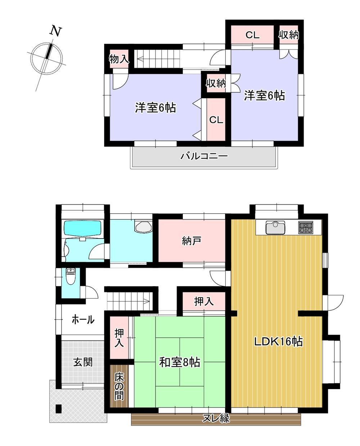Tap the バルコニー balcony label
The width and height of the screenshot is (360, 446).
tap(204, 156)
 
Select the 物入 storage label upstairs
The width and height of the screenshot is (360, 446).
tap(119, 59)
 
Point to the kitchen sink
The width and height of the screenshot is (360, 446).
tap(275, 227)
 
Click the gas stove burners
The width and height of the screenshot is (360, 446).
tap(306, 227)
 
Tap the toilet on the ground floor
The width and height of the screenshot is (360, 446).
tap(69, 276)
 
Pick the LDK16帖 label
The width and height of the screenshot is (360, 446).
tap(278, 342)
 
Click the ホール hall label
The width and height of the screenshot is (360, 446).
tap(83, 320)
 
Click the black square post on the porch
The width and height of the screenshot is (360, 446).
tap(59, 409)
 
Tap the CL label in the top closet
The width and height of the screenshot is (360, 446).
tap(252, 35)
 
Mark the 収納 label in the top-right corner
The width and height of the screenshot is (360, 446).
tap(288, 35)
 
